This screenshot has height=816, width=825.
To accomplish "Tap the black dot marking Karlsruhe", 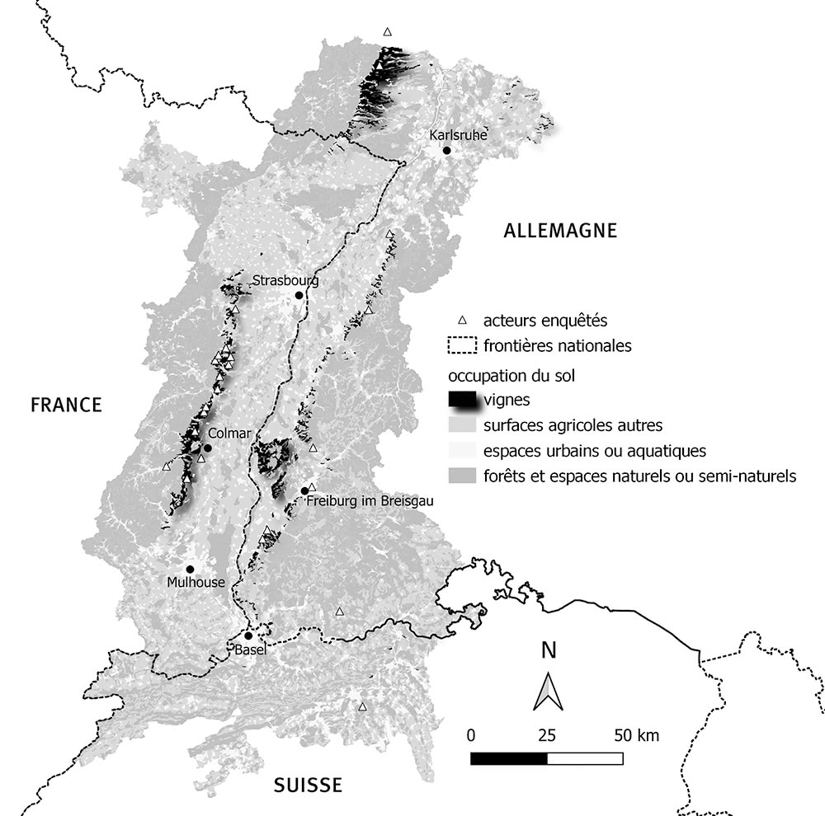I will pyautogui.click(x=446, y=150).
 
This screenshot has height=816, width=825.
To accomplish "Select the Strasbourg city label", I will pyautogui.click(x=285, y=280).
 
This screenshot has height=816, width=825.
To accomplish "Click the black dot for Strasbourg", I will pyautogui.click(x=299, y=295).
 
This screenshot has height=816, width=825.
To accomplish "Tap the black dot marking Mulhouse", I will pyautogui.click(x=190, y=569).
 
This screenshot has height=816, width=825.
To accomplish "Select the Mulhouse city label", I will pyautogui.click(x=195, y=583).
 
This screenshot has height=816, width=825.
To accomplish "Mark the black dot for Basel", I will pyautogui.click(x=248, y=635).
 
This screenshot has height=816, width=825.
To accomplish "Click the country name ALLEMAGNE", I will pyautogui.click(x=560, y=231).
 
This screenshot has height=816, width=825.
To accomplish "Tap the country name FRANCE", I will pyautogui.click(x=66, y=405).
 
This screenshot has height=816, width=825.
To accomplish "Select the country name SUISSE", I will pyautogui.click(x=308, y=785).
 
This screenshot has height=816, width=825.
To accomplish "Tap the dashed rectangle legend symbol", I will pyautogui.click(x=462, y=346).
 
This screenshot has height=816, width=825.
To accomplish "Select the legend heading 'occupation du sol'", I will pyautogui.click(x=511, y=375).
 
